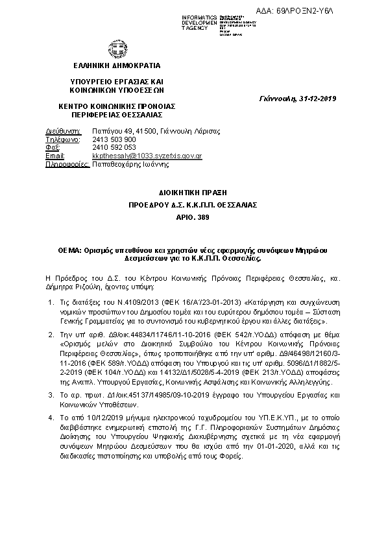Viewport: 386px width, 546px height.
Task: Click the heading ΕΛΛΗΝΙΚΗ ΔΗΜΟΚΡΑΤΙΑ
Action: click(116, 65)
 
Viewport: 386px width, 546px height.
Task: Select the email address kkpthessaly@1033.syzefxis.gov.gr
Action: click(147, 156)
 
